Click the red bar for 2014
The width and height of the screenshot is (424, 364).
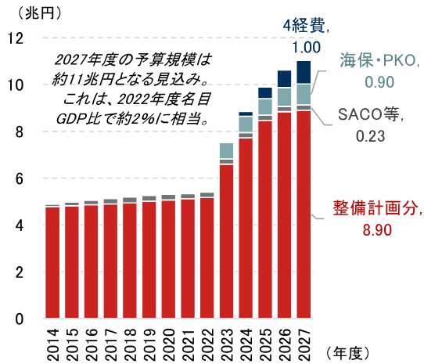click(x=52, y=263)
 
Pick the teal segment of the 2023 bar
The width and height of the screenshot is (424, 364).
click(x=227, y=151)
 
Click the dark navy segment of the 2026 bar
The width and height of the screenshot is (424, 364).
click(x=285, y=78)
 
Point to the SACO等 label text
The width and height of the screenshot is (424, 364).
click(x=371, y=115)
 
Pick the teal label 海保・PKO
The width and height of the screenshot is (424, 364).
click(x=379, y=60)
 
